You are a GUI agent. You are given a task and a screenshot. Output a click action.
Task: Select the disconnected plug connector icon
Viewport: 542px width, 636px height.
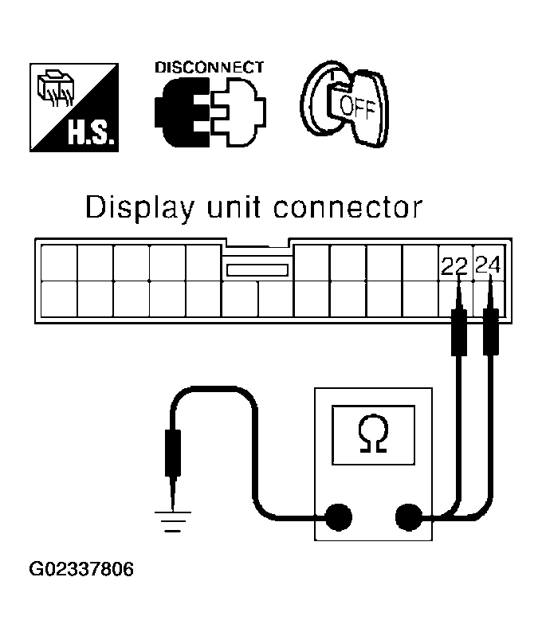click(x=209, y=112)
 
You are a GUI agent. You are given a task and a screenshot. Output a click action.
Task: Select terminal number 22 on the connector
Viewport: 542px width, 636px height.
click(x=454, y=265)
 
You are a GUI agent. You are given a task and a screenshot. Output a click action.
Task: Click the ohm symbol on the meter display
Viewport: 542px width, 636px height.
click(x=372, y=435)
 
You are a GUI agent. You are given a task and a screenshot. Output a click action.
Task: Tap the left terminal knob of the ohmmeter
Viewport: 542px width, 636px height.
click(x=336, y=517)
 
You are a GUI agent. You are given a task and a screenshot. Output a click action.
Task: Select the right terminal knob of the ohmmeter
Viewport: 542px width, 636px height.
click(x=410, y=517)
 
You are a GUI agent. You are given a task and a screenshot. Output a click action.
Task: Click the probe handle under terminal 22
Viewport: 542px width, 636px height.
click(x=458, y=332)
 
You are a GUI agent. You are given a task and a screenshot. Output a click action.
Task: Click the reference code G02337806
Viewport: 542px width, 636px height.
click(x=81, y=570)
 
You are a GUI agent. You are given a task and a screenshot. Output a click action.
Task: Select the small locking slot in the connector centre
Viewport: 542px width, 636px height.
click(x=257, y=270)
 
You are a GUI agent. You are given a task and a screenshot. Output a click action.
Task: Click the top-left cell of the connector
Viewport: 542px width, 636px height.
click(x=58, y=262)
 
